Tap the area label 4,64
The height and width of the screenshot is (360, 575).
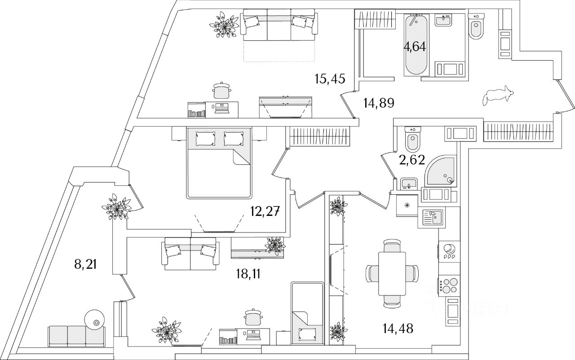click(415, 46)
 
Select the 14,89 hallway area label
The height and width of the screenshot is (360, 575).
click(378, 104)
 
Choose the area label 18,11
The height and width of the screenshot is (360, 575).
click(248, 273)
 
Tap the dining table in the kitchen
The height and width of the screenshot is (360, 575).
click(392, 273)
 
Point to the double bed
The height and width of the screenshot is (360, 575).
click(218, 163)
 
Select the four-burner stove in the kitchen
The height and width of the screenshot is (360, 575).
click(448, 285)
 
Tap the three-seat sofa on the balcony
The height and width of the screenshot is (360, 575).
click(76, 336)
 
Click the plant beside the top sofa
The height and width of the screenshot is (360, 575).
click(226, 26)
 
